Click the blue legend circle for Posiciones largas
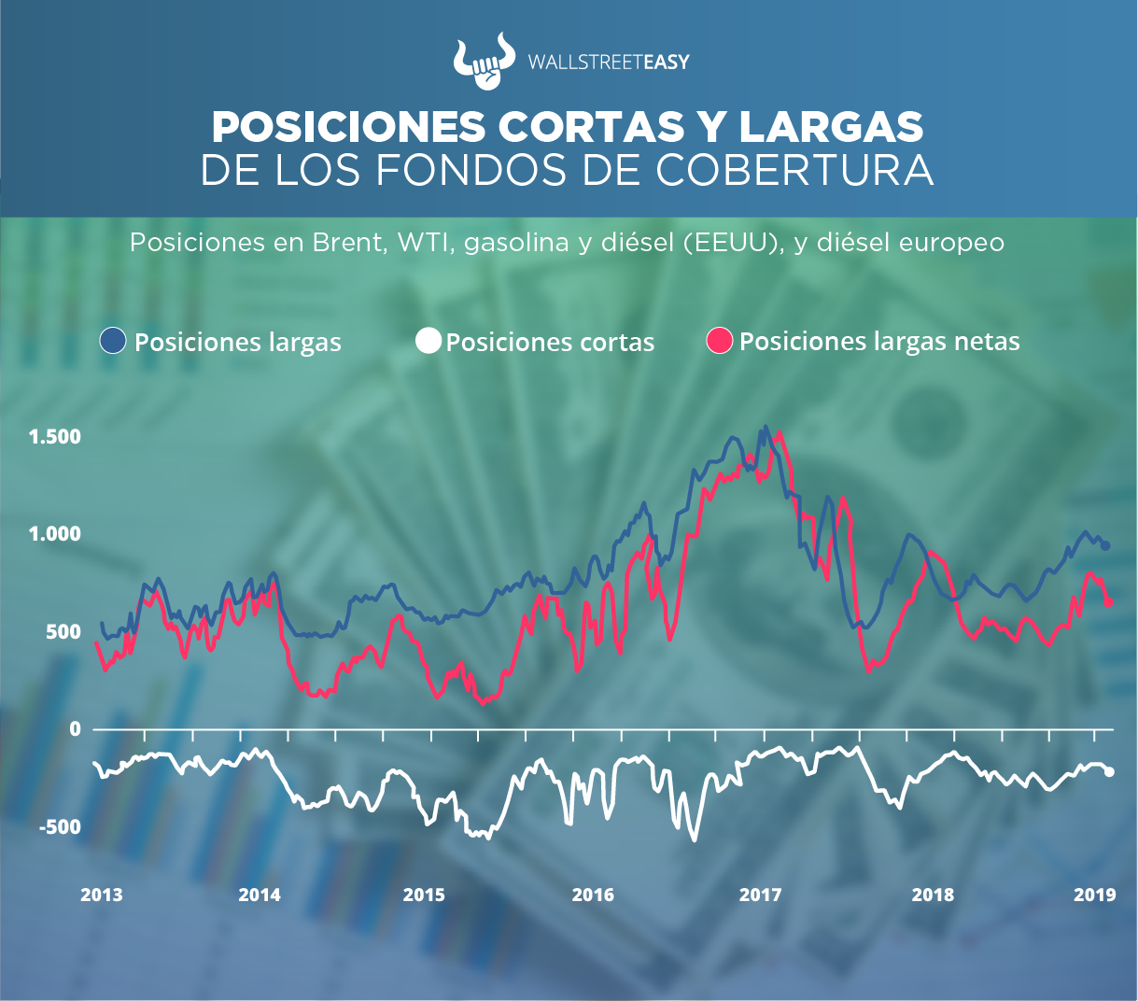(x=113, y=341)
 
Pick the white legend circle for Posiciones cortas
(x=428, y=341)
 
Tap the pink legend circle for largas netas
(x=720, y=341)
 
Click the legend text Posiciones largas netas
(x=878, y=342)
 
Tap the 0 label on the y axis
(x=76, y=729)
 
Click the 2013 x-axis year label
(x=101, y=895)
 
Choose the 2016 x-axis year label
(x=593, y=895)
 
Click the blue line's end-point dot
(x=1105, y=546)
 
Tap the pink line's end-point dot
(x=1108, y=602)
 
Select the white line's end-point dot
(x=1109, y=772)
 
